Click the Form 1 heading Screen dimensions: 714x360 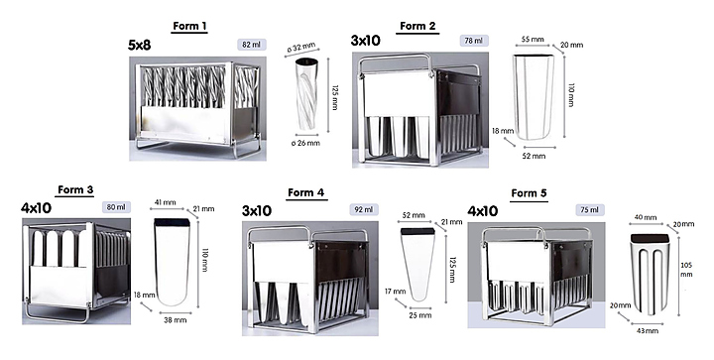click(x=189, y=26)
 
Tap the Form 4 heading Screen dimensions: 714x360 click(x=306, y=192)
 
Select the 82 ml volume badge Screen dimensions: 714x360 click(x=251, y=45)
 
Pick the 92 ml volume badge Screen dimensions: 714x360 click(x=364, y=209)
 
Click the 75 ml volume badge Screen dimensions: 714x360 click(x=589, y=210)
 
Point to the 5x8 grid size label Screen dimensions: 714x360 click(x=140, y=45)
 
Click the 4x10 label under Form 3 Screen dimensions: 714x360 click(x=36, y=208)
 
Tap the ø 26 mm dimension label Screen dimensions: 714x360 click(x=305, y=143)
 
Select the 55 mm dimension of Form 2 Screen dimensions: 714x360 click(x=533, y=39)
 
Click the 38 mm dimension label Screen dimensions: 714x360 click(x=176, y=320)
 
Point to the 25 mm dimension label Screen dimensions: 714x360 click(x=419, y=315)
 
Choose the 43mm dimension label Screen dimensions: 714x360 click(x=647, y=331)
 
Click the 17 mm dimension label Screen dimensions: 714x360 click(x=396, y=292)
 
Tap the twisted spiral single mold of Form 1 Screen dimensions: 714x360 click(x=307, y=94)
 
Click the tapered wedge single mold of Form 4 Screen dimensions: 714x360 click(x=417, y=265)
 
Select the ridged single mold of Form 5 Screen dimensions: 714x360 click(x=650, y=274)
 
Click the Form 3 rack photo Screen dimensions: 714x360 click(x=76, y=272)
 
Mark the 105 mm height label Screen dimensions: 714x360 click(x=686, y=270)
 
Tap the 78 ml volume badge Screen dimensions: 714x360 click(x=474, y=41)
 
